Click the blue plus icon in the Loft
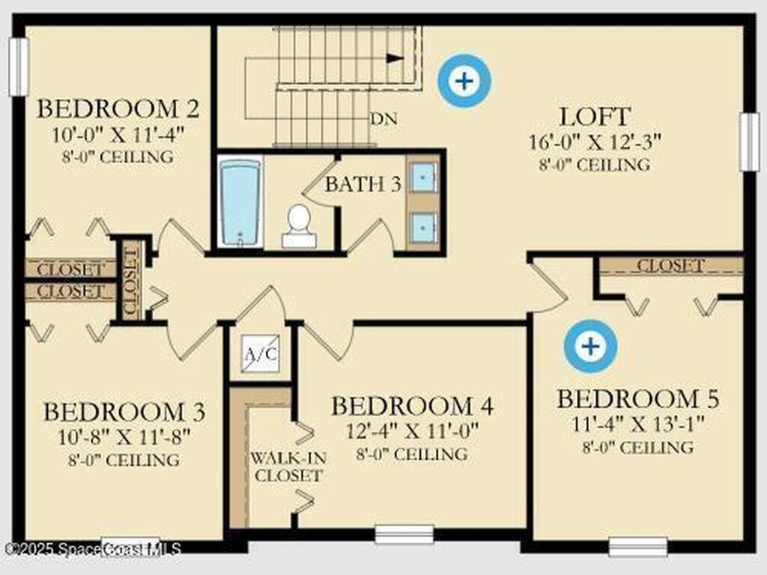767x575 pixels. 465,80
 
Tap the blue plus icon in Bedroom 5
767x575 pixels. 591,346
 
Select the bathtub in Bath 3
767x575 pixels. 240,203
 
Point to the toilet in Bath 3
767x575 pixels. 299,225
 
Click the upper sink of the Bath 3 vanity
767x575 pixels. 424,177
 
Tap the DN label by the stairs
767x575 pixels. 383,119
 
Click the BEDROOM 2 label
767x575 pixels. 118,109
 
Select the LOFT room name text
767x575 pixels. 595,117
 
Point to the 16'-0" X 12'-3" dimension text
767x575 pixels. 595,141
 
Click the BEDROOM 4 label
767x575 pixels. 412,407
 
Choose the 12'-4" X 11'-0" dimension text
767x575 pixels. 412,431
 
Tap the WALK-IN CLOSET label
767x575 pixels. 288,466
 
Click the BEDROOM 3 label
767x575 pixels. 124,412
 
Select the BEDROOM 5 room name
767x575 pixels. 637,399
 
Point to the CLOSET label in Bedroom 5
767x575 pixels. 670,265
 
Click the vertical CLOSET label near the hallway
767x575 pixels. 131,280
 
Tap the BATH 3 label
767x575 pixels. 363,184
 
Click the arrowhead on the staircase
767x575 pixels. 395,58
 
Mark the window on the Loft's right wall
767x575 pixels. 749,141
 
